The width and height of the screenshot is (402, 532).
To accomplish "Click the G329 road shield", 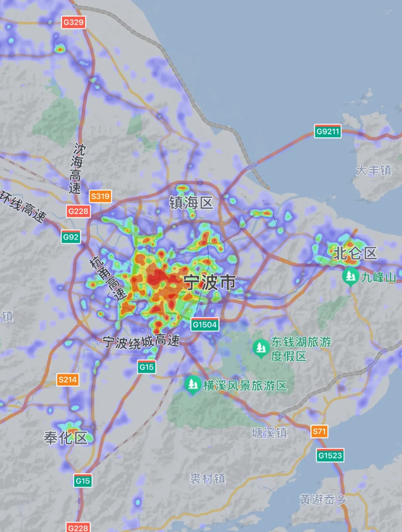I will (74, 22).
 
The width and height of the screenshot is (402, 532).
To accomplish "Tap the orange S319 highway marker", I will (100, 196).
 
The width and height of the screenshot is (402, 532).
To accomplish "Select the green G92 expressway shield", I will (71, 237).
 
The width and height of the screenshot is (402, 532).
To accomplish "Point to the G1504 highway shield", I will (205, 324).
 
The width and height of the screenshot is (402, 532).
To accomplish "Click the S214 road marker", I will (68, 379).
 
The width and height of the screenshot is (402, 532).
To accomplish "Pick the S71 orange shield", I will (319, 431).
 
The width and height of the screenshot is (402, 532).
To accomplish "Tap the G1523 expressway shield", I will (330, 455).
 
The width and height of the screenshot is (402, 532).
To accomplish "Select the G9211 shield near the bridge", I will (328, 131).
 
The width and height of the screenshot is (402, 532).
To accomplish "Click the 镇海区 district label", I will (191, 203).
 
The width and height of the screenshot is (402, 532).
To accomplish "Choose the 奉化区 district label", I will (66, 438).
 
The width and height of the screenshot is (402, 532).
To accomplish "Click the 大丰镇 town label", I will (373, 170).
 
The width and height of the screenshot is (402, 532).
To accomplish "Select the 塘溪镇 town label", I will (269, 433).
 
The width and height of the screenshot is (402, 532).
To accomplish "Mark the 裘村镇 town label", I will (207, 479).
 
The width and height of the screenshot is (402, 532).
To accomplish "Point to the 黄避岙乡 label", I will (323, 499).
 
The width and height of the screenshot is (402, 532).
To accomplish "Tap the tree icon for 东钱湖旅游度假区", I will (261, 348).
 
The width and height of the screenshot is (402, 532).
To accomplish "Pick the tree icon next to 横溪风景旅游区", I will (192, 385).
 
